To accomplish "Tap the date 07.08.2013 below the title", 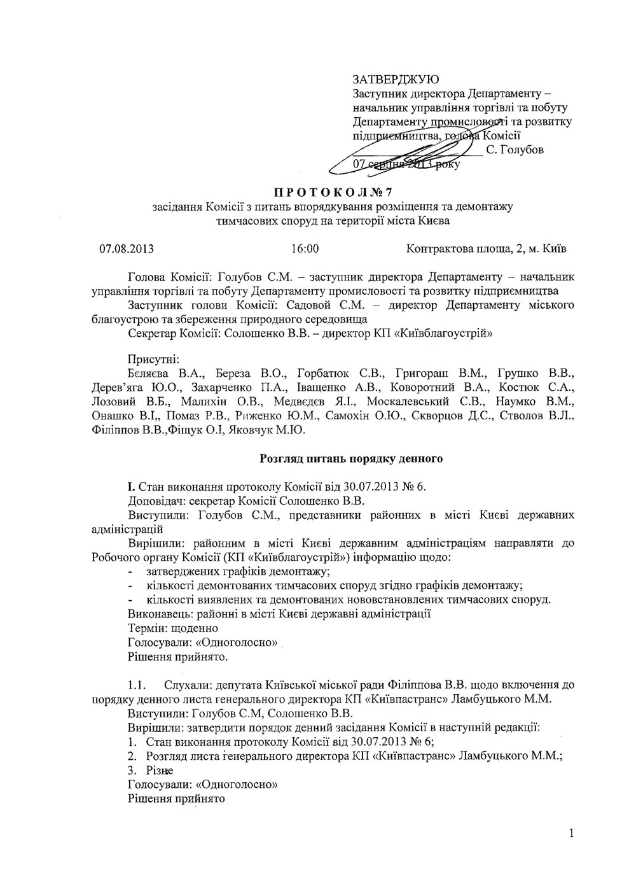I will point(126,248).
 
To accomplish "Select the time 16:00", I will point(305,248).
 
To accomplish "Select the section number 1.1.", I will point(137,685).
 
